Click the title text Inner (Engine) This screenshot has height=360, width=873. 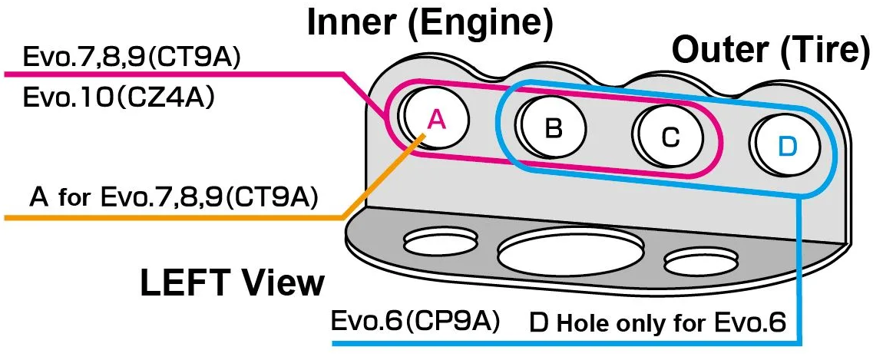click(x=430, y=24)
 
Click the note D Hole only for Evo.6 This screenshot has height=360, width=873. click(x=658, y=322)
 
